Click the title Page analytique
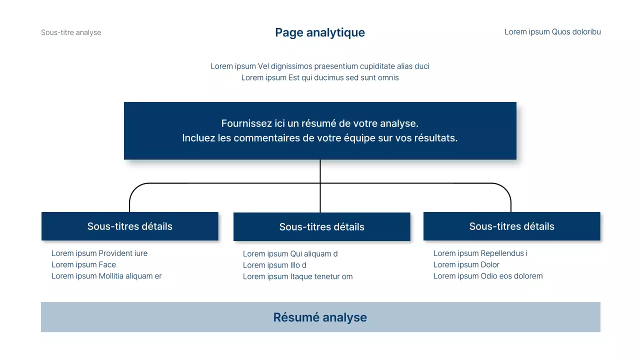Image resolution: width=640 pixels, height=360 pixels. [x=320, y=32]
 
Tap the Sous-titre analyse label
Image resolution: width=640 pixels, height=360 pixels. [x=71, y=32]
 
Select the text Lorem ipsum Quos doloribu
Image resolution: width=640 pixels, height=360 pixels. [x=552, y=32]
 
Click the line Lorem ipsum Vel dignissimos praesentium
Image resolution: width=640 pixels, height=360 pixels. [x=320, y=66]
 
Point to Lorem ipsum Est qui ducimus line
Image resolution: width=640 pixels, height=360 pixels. [x=320, y=77]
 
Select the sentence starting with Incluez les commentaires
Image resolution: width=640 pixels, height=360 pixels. [x=320, y=138]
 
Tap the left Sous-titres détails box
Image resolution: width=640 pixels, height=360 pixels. [x=130, y=226]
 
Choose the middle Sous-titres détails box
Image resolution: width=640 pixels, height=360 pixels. [x=322, y=226]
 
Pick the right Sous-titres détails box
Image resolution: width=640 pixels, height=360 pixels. [x=511, y=226]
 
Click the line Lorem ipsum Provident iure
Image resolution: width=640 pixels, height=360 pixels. [x=99, y=253]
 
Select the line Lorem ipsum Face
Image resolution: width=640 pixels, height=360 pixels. [x=83, y=264]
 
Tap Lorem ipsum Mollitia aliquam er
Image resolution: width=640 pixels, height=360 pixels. [x=106, y=276]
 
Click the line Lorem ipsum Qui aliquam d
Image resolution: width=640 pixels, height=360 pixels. [x=290, y=253]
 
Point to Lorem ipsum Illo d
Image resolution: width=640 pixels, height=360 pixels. [x=274, y=265]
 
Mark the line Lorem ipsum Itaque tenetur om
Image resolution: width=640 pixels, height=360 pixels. [x=297, y=276]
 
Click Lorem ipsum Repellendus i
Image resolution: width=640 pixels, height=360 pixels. [x=480, y=253]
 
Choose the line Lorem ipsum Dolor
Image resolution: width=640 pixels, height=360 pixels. [x=466, y=264]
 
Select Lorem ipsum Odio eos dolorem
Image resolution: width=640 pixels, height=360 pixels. [x=487, y=276]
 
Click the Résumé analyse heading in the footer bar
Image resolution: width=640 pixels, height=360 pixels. [x=320, y=317]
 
